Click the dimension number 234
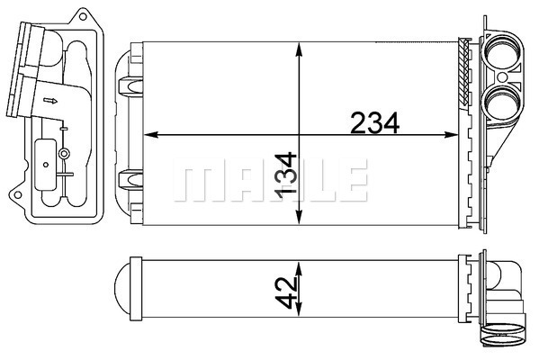[x=374, y=122]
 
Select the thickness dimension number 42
[x=286, y=292]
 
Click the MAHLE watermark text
[x=271, y=180]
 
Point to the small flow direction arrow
[x=50, y=101]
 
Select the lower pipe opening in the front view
[x=501, y=103]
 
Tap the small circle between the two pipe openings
[x=502, y=76]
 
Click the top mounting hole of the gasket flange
[x=83, y=16]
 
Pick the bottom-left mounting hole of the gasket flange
[x=17, y=195]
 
